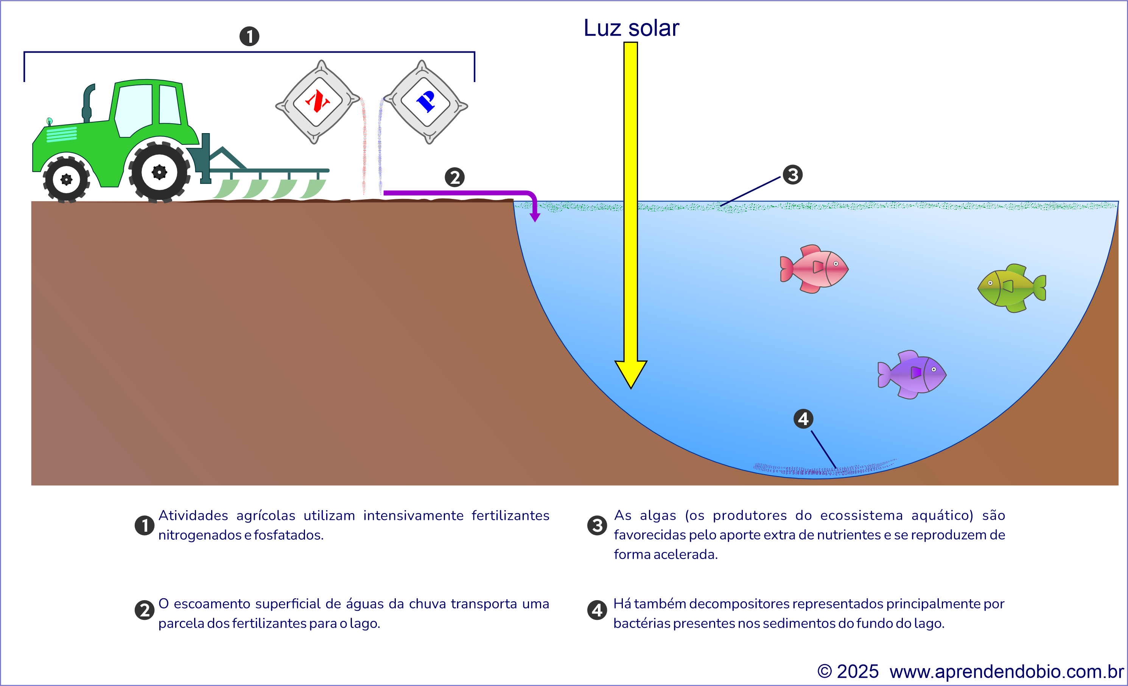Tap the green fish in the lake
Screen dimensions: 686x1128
pos(1012,288)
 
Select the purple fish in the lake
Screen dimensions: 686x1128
pos(912,374)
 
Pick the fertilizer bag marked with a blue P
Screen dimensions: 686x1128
pos(426,102)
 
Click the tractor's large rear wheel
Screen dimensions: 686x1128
pos(159,172)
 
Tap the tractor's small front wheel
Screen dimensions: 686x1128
pos(66,179)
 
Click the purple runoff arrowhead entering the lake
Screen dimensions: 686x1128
pos(535,217)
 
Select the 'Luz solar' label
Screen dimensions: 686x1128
pos(631,28)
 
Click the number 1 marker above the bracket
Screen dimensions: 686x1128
pos(249,36)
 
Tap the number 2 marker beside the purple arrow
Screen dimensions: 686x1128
pos(454,177)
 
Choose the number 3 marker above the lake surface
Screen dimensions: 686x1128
pos(792,174)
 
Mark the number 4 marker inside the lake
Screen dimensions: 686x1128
pos(803,418)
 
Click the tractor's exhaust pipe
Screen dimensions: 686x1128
pos(87,103)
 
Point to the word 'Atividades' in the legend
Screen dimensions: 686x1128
pos(193,515)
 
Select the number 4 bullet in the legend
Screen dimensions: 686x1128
pos(597,610)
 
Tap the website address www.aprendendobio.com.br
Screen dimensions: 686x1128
pos(1006,671)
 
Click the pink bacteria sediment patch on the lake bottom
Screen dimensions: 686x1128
pos(824,469)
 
